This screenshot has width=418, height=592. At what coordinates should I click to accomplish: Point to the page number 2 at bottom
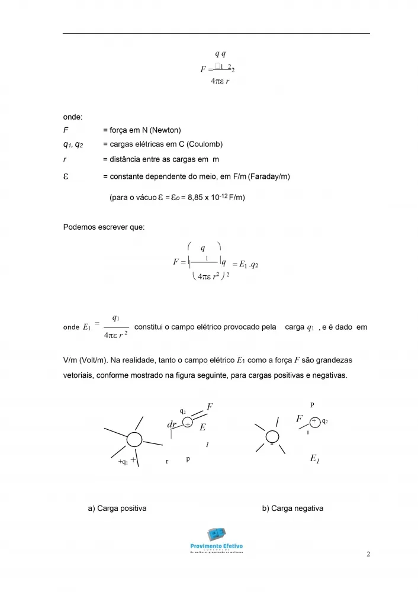click(x=368, y=554)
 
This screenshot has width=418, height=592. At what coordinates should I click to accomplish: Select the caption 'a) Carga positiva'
click(x=117, y=508)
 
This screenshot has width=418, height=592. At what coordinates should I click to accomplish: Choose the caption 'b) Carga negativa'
click(x=292, y=508)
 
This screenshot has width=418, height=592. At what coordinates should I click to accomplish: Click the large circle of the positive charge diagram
click(x=134, y=440)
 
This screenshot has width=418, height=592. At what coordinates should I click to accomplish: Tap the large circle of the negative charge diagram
click(x=270, y=435)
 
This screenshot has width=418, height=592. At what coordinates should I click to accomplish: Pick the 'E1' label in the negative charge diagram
click(x=315, y=459)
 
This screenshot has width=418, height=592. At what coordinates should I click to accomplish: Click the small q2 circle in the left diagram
click(x=188, y=424)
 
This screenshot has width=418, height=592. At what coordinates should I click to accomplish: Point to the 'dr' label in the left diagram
click(x=172, y=425)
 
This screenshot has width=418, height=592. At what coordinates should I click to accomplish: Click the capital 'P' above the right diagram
click(x=312, y=405)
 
